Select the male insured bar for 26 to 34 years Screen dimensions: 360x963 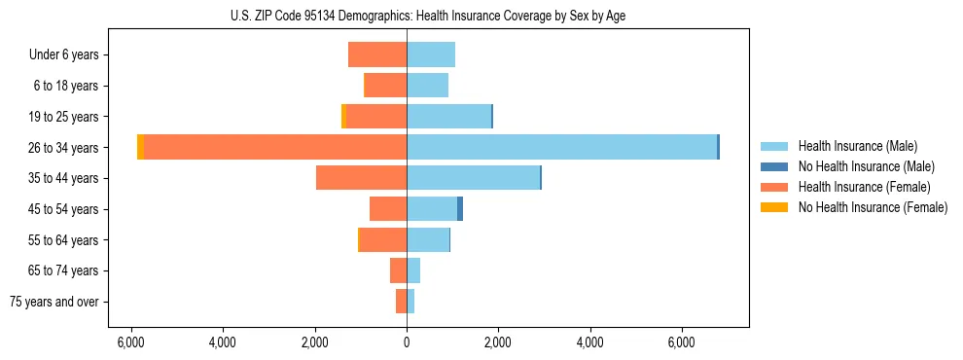[561, 147]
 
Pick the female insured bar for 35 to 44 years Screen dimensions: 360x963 [361, 178]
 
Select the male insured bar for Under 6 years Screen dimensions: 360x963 [431, 54]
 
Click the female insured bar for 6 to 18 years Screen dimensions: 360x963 [386, 86]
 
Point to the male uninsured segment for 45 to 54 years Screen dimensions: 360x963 [460, 209]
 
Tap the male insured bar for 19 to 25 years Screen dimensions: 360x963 [448, 117]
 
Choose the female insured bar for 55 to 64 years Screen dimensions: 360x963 [383, 239]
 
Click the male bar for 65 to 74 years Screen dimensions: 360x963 [413, 270]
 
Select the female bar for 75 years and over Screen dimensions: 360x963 [401, 302]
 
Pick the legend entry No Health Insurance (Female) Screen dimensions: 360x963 [873, 207]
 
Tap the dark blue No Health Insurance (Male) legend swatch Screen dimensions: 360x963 [775, 166]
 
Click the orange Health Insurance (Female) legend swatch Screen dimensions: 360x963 [775, 187]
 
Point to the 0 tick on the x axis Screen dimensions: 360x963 [407, 342]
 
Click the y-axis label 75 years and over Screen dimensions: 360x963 [54, 302]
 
